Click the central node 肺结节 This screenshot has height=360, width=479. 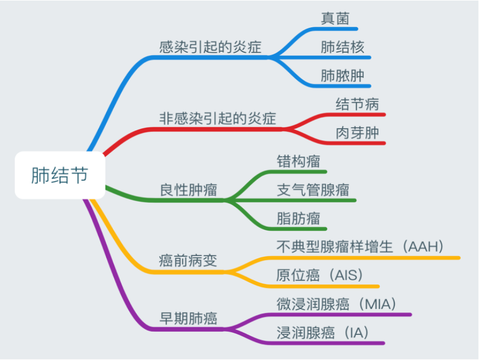coord(60,175)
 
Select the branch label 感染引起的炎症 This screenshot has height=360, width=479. coord(210,47)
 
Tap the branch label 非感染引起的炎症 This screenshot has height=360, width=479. coord(217,119)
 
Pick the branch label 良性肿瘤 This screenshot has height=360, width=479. coord(188,190)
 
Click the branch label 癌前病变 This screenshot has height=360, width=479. coord(188,261)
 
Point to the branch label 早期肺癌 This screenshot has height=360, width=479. coord(188,319)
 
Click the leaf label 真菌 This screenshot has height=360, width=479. coord(335,19)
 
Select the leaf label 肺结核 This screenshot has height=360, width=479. coord(342,47)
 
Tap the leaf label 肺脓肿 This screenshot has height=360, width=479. coord(342,76)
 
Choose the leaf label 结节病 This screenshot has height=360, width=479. coord(358,104)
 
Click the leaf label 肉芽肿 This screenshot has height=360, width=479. coord(358,133)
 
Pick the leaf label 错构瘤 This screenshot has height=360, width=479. coord(299,161)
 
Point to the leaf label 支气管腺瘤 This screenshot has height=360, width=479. coord(313,190)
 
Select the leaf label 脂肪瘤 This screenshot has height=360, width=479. coord(299,219)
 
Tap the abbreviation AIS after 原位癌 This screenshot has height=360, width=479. coord(346,275)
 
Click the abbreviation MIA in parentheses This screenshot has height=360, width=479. coord(378,304)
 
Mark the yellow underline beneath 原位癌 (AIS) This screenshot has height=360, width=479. coord(323,287)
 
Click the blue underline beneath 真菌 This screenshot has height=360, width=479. coord(335,29)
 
